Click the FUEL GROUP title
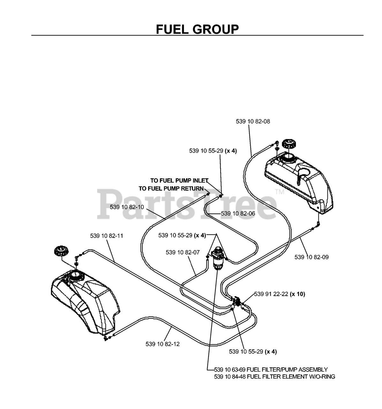point(197,29)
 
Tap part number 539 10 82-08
point(253,121)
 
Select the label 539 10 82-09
point(311,257)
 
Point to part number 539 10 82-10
point(127,207)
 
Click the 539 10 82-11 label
point(107,236)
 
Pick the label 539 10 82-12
point(162,344)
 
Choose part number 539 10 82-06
point(238,213)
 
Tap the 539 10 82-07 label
point(183,252)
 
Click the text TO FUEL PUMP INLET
point(179,181)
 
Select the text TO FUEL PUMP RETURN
point(171,189)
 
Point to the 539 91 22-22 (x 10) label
point(280,294)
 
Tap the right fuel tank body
point(298,181)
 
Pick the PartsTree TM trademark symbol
point(280,192)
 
